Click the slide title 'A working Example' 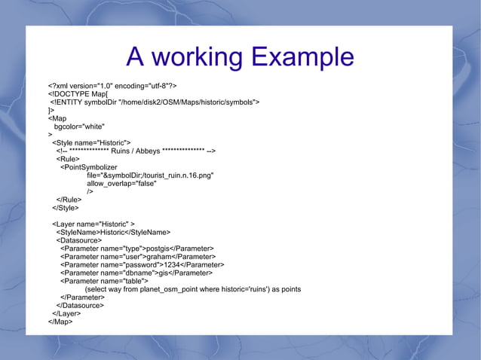tap(240, 57)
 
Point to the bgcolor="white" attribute tap(79, 127)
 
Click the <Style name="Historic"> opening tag tap(91, 142)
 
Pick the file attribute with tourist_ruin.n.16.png tap(150, 175)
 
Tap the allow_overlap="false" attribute tap(121, 184)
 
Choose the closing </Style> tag tap(65, 208)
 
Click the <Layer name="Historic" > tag tap(93, 224)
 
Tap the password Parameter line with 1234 tap(142, 265)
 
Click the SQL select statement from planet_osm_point tap(193, 289)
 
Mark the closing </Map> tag tap(60, 322)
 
